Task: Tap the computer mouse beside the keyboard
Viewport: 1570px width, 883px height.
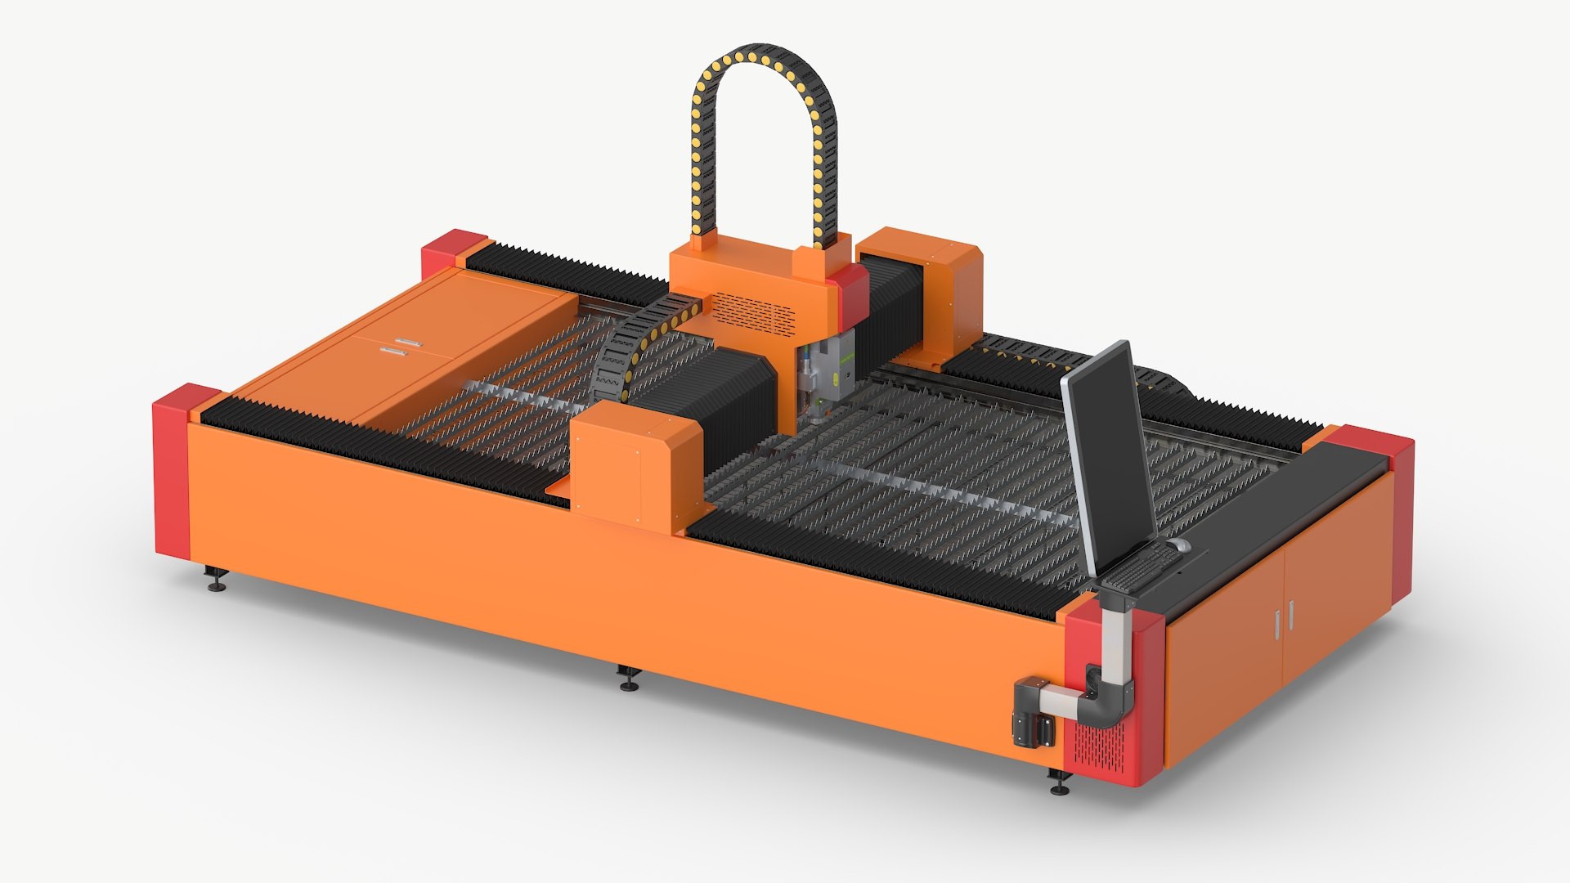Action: pyautogui.click(x=1178, y=545)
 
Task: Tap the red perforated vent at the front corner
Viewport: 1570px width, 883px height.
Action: pyautogui.click(x=1100, y=744)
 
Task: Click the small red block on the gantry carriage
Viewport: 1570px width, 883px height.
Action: pyautogui.click(x=850, y=290)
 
